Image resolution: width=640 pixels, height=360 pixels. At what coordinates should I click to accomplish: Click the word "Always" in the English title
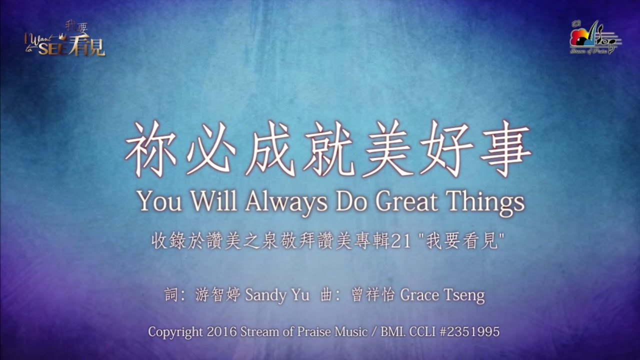(286, 202)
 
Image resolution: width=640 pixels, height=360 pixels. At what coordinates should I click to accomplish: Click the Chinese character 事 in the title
(505, 148)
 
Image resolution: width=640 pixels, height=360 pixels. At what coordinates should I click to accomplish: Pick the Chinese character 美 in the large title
(387, 148)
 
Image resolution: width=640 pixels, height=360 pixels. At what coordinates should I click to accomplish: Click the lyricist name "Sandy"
(265, 295)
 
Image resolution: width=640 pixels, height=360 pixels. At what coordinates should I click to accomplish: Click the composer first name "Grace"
(419, 295)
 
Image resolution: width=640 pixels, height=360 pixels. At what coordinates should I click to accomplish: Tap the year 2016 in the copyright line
(221, 331)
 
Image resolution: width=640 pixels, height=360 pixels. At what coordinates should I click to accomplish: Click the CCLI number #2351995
(469, 331)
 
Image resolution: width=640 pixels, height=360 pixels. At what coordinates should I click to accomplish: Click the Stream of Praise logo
(595, 37)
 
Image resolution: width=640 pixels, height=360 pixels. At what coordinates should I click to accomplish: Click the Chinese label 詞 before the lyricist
(171, 295)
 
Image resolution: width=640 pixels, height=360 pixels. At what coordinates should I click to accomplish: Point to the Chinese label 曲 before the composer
(326, 295)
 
